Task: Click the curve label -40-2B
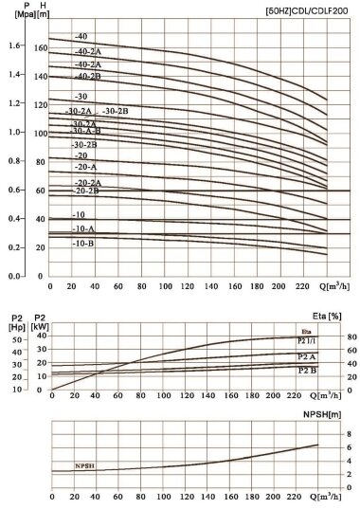88,76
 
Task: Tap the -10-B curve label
83,243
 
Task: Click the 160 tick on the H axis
41,45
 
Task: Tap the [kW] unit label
41,327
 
